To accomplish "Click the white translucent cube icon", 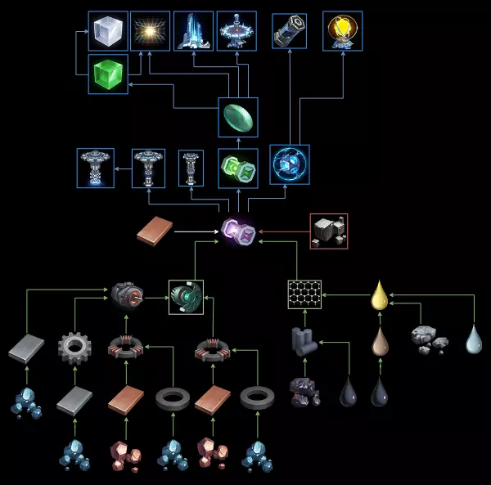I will point(108,31).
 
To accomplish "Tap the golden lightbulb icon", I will point(342,31).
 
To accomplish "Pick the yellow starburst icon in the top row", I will point(151,31).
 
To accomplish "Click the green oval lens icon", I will point(238,117).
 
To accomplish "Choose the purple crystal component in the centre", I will point(238,233).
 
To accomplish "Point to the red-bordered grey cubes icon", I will point(329,231).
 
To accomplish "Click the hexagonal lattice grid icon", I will point(304,294).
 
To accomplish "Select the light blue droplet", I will point(475,339).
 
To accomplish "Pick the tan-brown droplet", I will point(379,339).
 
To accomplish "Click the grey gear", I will point(74,347).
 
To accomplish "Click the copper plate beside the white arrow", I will point(154,231).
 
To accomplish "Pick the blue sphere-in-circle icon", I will point(290,164).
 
